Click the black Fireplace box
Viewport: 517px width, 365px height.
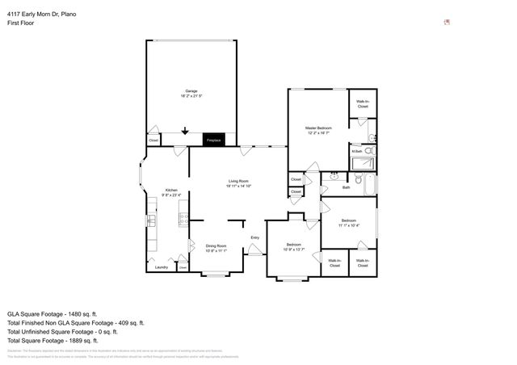(214, 140)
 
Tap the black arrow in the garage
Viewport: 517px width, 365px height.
(185, 130)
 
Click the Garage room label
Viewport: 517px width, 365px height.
(191, 90)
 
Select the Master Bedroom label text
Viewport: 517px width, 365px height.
(318, 128)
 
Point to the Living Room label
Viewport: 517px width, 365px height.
(237, 181)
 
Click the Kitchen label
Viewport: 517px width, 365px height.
(171, 190)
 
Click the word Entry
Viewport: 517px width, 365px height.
(254, 237)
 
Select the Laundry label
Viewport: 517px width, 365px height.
(161, 266)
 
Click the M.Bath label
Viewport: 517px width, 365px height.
(356, 151)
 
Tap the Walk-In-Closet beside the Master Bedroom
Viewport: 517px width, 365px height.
(363, 104)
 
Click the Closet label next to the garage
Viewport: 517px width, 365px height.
(153, 141)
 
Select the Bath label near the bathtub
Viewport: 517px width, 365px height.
(346, 187)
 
